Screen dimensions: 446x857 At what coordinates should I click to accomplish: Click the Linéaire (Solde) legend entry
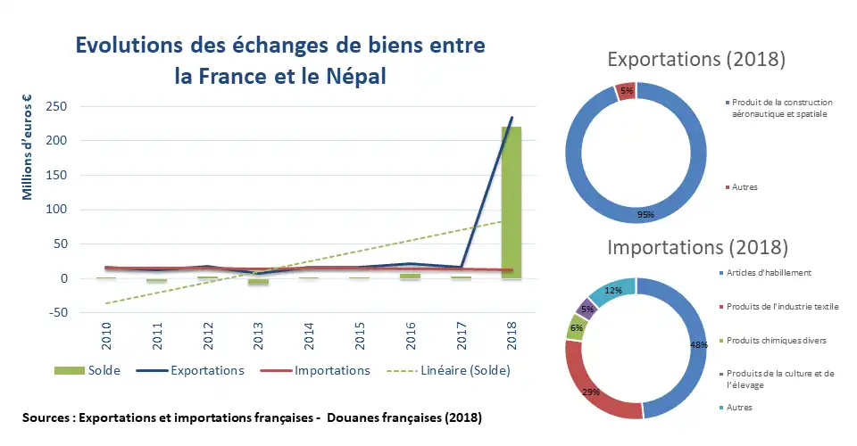tap(461, 371)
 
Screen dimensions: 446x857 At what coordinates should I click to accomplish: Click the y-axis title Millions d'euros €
tap(28, 147)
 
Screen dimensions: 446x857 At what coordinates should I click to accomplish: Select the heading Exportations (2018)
tap(696, 60)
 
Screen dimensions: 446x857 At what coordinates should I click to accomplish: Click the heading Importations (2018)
tap(696, 246)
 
